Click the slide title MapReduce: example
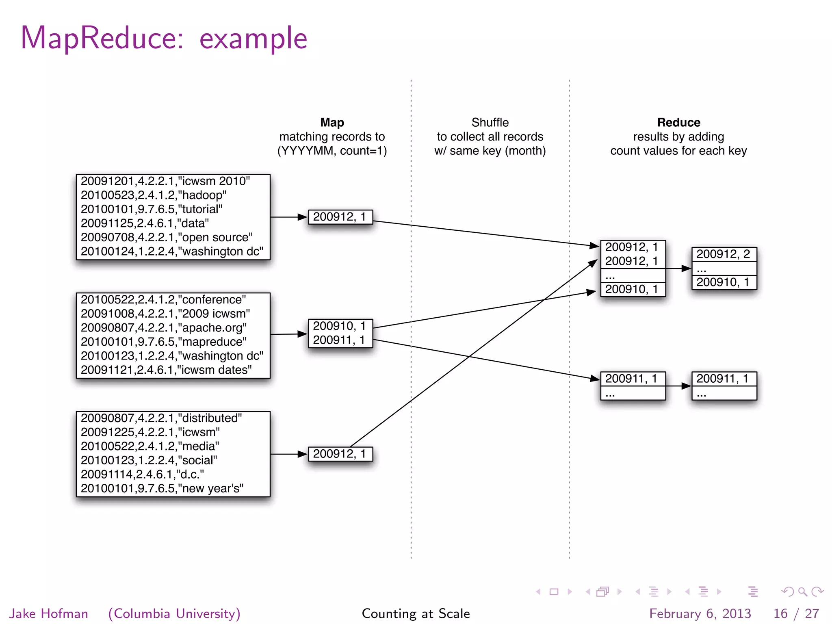point(164,38)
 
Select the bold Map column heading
point(332,122)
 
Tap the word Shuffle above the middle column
point(490,122)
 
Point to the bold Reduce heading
point(678,122)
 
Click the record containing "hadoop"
point(154,195)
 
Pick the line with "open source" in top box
point(167,237)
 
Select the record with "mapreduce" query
point(163,342)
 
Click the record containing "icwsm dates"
point(166,370)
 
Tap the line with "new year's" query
point(162,488)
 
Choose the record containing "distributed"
point(161,418)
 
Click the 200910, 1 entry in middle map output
point(340,326)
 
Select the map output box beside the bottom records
point(340,454)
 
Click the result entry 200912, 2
point(724,254)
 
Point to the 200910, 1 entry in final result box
point(724,282)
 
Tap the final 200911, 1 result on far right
point(723,379)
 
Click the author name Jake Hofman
point(48,613)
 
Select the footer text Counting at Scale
point(416,613)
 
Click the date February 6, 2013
point(700,613)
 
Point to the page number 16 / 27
point(796,613)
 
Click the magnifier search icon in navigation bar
point(802,591)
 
